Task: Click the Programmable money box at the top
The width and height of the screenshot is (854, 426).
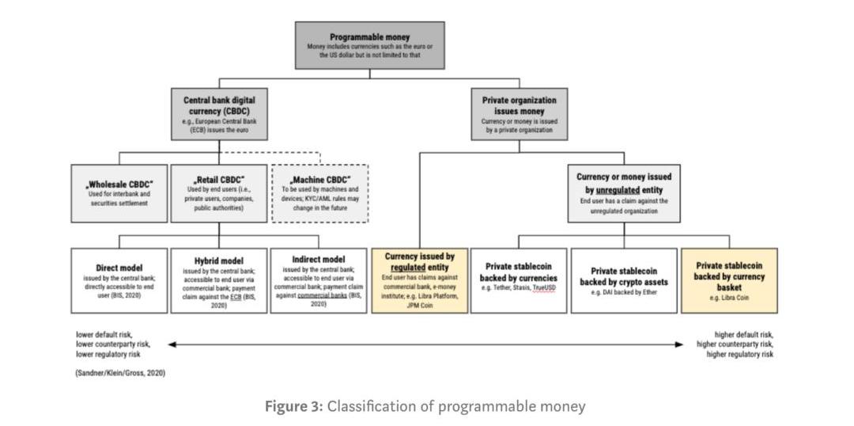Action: click(369, 45)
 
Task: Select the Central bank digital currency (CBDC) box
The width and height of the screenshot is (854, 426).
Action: click(219, 114)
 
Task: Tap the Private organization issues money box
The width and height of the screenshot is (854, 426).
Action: click(519, 114)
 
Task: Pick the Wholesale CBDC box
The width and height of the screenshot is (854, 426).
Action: click(119, 192)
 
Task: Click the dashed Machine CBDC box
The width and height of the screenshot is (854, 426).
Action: click(319, 193)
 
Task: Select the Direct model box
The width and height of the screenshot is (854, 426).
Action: click(119, 280)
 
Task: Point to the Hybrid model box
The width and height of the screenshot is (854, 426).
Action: click(218, 281)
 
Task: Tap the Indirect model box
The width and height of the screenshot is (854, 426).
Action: click(319, 280)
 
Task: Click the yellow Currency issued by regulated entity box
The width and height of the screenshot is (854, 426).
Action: click(419, 280)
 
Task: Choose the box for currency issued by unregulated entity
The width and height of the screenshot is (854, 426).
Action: click(623, 193)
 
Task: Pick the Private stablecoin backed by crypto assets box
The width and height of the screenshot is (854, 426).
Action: click(623, 280)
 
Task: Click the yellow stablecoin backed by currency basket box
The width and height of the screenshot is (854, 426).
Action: click(729, 280)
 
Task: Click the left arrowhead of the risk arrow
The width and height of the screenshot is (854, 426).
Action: click(171, 344)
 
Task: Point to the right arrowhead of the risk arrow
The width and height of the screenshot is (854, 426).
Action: click(680, 344)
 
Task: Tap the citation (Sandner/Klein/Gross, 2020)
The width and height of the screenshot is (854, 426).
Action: click(120, 372)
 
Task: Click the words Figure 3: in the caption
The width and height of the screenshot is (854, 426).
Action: click(293, 406)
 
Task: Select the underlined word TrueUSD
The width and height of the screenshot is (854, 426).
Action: click(544, 288)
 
